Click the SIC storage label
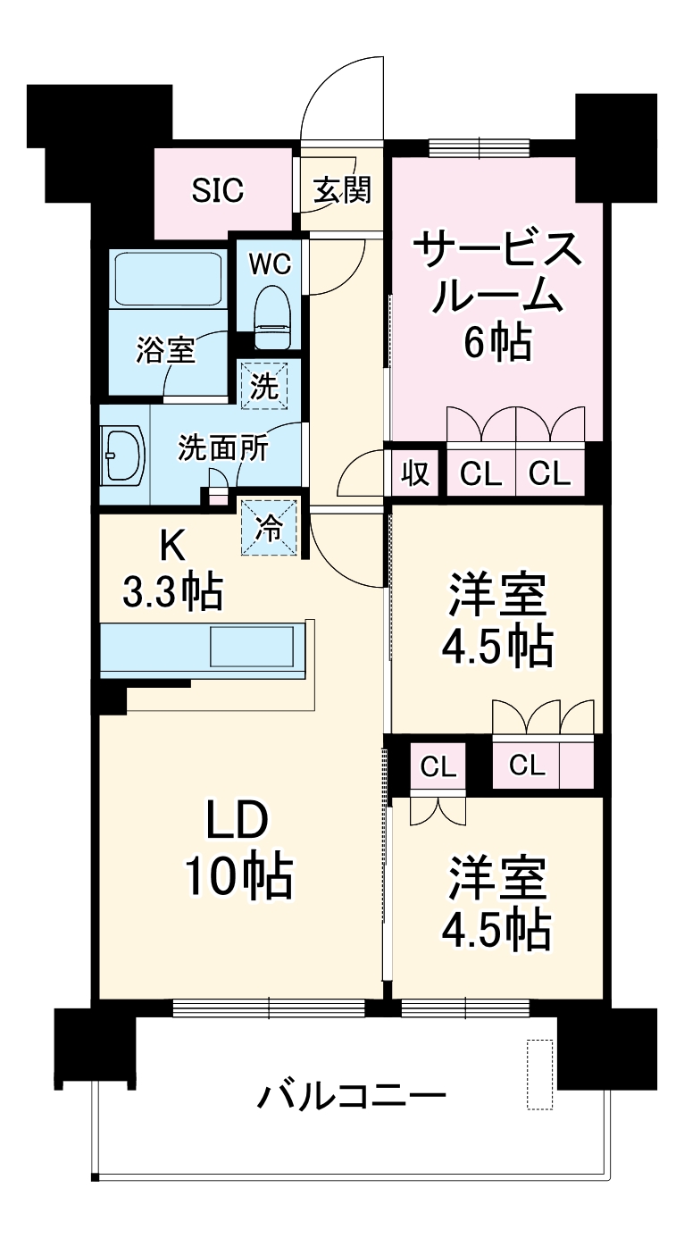coord(219,190)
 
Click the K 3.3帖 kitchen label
coord(172,568)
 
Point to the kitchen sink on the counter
coord(251,646)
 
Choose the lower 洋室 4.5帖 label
coord(497,902)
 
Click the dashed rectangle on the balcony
coord(539,1075)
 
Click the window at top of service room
coord(479,147)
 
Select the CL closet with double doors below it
coord(438,766)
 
